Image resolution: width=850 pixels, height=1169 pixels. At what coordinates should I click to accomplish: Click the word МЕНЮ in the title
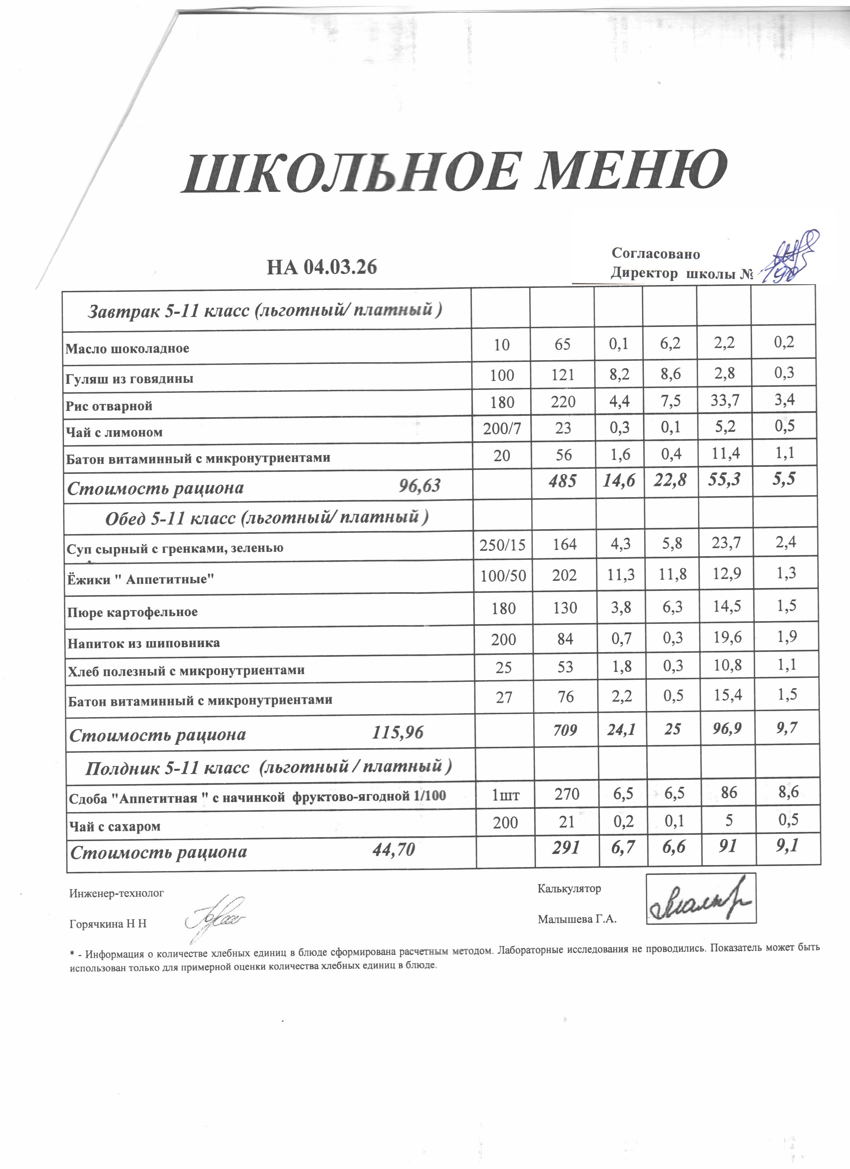click(x=631, y=172)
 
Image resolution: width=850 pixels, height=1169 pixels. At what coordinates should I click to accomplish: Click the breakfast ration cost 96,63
click(x=420, y=486)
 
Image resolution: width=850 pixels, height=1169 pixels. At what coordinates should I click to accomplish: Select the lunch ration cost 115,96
click(x=397, y=732)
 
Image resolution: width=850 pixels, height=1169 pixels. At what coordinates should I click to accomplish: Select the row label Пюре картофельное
click(x=132, y=612)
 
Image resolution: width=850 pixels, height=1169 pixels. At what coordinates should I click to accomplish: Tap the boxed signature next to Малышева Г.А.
click(x=701, y=898)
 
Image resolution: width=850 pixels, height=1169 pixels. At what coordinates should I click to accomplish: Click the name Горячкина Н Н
click(x=108, y=924)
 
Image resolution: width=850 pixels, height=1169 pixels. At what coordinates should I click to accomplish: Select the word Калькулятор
click(x=569, y=889)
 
